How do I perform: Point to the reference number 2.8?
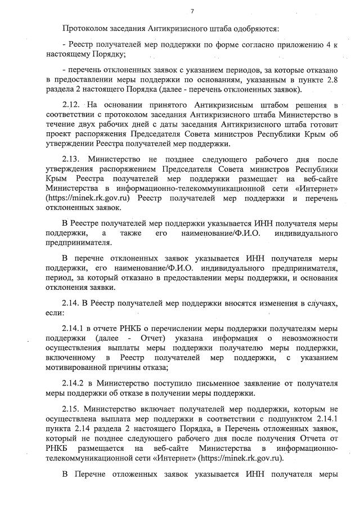[331, 80]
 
